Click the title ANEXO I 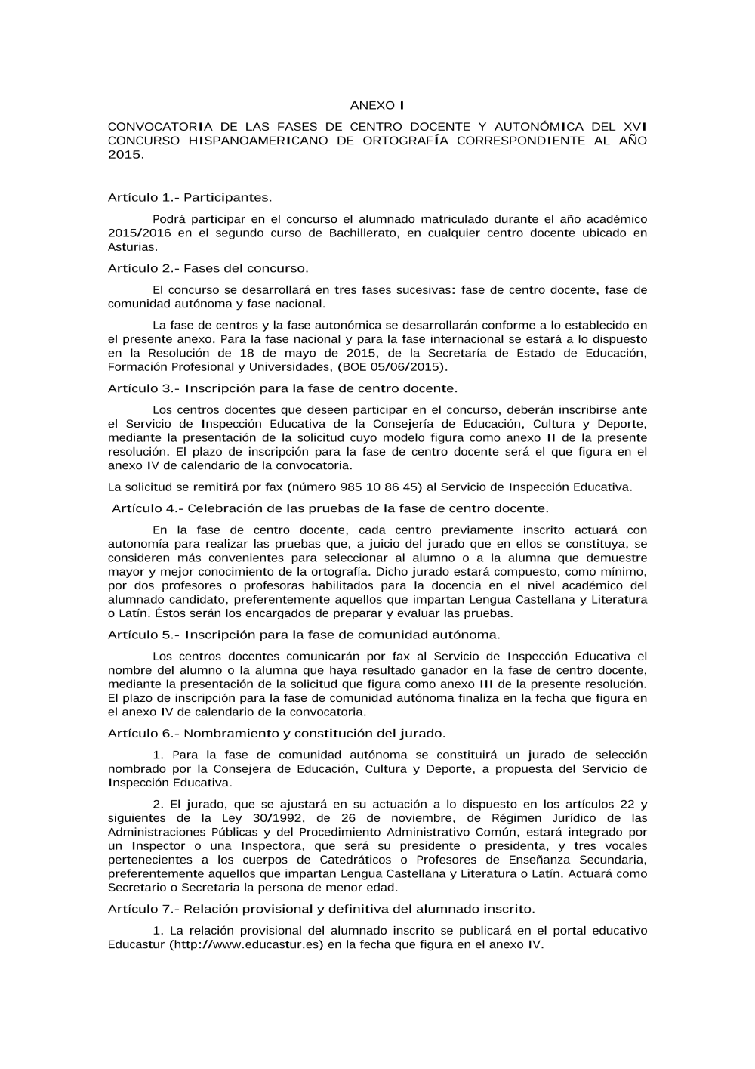click(x=377, y=105)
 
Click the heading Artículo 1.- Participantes click(x=190, y=197)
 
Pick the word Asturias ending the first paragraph click(x=132, y=246)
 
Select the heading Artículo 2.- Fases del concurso click(x=208, y=268)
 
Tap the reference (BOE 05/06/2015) click(x=393, y=367)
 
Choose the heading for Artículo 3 click(x=282, y=388)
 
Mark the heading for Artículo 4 click(x=330, y=508)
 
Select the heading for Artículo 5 click(x=304, y=635)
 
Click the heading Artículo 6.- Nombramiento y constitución click(x=276, y=733)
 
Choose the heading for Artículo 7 click(x=321, y=909)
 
